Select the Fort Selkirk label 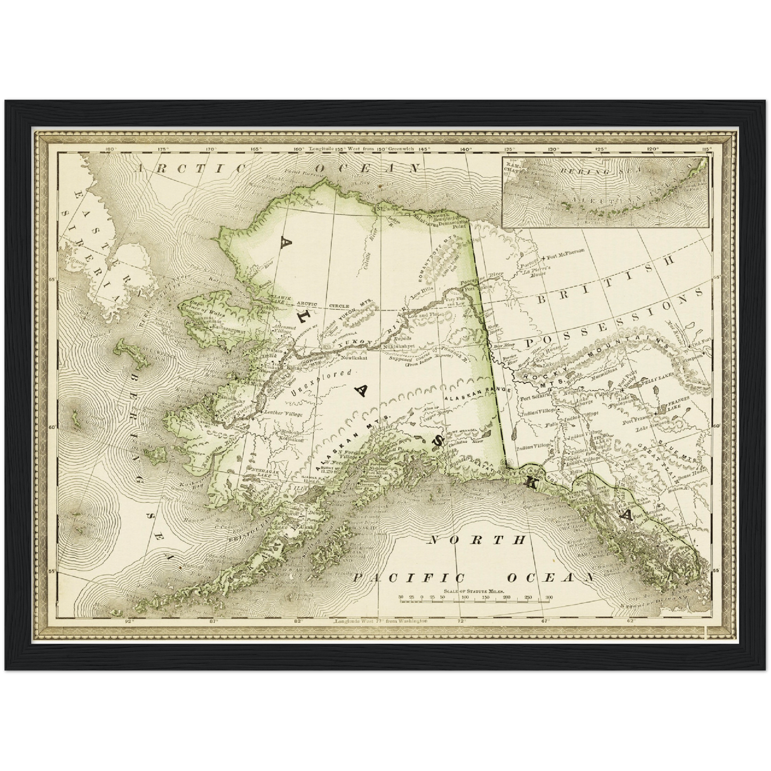tap(532, 396)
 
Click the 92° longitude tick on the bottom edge tap(129, 621)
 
